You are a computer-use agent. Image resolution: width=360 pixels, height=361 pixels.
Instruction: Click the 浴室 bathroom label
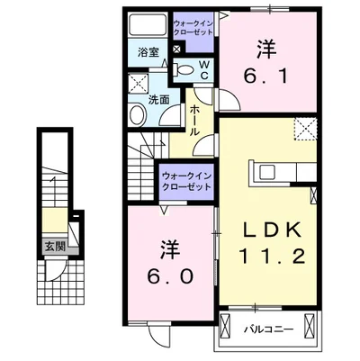coord(148,53)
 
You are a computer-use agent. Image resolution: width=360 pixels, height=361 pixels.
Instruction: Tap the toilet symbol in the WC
coord(184,70)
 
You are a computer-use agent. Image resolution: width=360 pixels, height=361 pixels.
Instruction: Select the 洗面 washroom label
coord(159,100)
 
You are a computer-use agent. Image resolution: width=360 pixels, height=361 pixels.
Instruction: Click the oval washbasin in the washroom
coord(137,114)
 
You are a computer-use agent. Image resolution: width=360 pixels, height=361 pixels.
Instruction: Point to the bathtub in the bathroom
coord(148,25)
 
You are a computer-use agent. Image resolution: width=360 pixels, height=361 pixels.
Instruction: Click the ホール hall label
coord(194,121)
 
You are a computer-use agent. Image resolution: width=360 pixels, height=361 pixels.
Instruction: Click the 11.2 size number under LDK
coord(272,256)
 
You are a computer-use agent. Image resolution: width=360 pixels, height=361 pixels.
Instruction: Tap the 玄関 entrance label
coord(56,247)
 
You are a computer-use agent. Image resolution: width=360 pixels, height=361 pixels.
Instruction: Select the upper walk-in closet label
coord(193,28)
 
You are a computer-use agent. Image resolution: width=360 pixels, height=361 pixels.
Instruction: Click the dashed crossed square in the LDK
coord(305,130)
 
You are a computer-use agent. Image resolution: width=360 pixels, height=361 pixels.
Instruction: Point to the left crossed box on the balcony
coord(224,326)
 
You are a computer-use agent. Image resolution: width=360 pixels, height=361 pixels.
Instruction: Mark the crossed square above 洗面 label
coord(138,81)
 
